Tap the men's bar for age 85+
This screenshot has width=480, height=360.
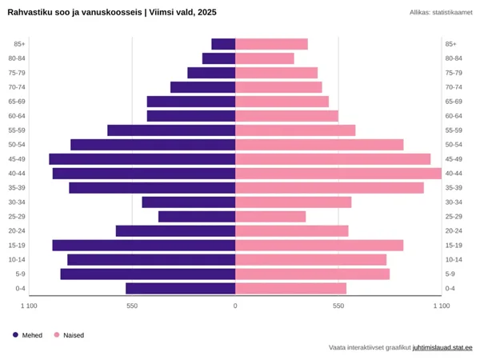[x=223, y=44]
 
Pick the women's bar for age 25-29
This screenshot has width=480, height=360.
[x=270, y=217]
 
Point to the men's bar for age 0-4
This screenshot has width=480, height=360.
[x=180, y=288]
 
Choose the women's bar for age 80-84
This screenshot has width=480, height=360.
[x=265, y=58]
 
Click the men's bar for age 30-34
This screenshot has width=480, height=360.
[x=189, y=202]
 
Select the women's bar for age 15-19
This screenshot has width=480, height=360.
[x=319, y=246]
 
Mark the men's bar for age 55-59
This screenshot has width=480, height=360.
[x=171, y=130]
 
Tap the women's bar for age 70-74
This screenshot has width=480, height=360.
[x=278, y=87]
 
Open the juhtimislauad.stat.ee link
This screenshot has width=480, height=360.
[x=442, y=348]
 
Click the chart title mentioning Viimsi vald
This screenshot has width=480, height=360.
[x=112, y=12]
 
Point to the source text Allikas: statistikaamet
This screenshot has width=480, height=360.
[x=441, y=12]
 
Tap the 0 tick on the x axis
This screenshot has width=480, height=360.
[x=235, y=306]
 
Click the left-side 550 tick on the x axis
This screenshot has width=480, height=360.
[x=132, y=306]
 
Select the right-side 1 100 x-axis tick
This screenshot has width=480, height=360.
[x=441, y=306]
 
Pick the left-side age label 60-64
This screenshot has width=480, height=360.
[x=18, y=116]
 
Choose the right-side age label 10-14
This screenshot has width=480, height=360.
[x=454, y=260]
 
